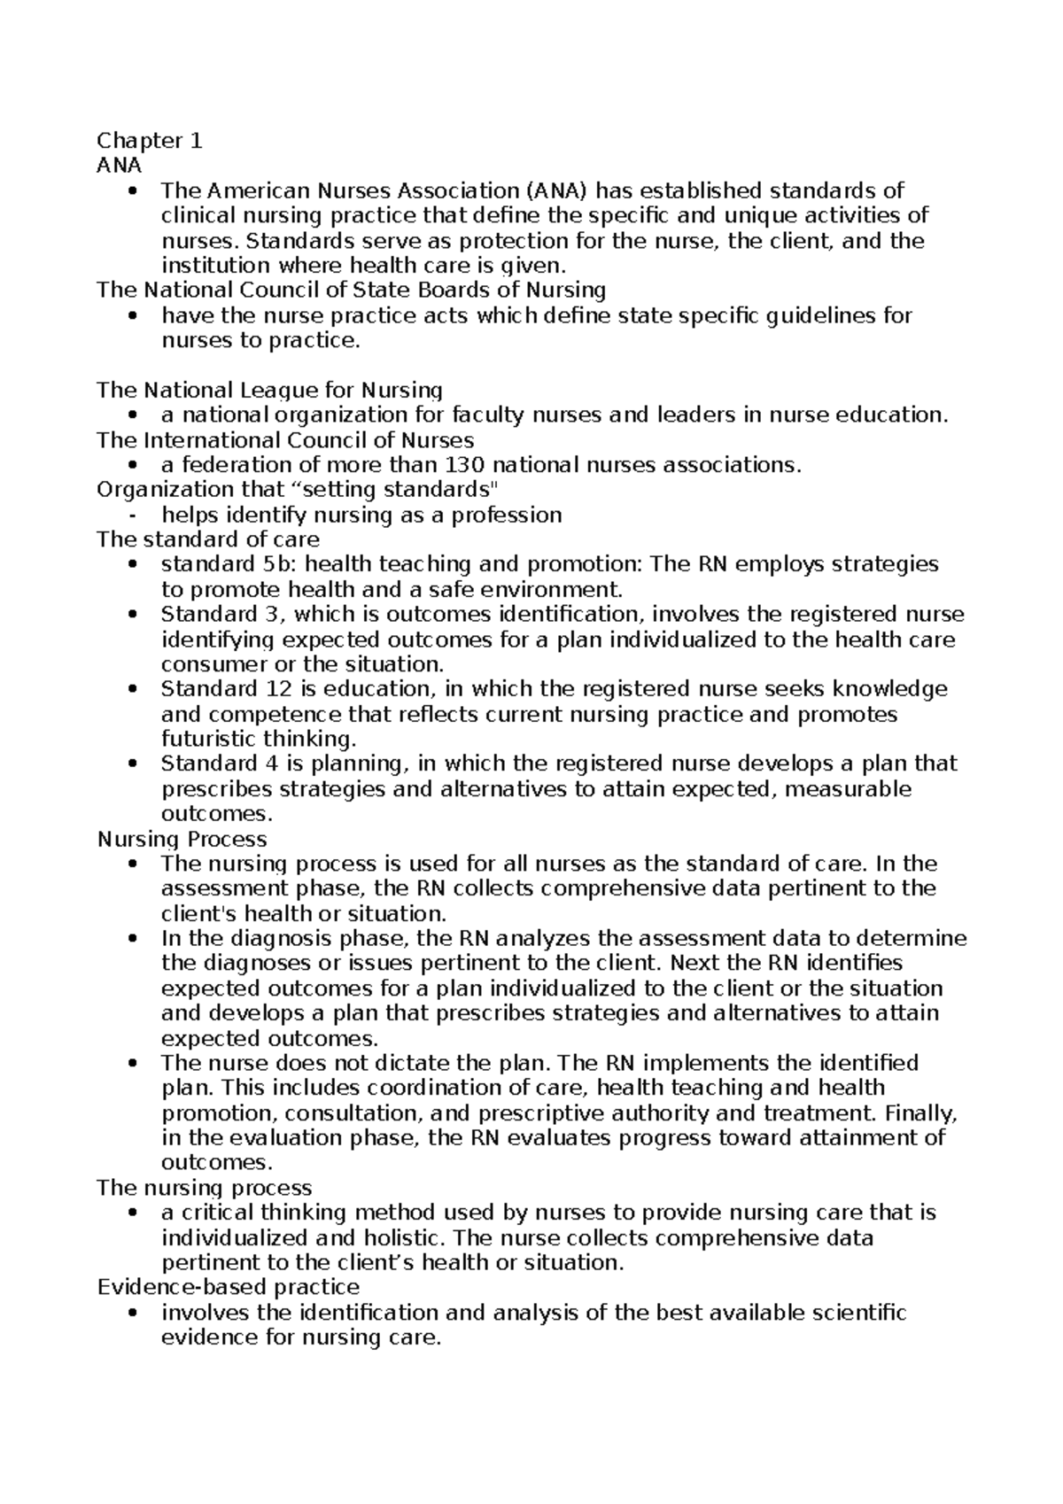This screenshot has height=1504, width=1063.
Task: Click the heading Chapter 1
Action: pos(150,141)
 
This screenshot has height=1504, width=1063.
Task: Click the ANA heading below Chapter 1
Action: pos(119,166)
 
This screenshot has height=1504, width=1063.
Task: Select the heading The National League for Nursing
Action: pos(269,390)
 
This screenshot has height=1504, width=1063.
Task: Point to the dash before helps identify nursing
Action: pos(131,516)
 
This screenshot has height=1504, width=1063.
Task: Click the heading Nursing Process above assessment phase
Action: pos(182,839)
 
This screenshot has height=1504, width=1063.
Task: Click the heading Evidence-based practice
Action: pos(228,1287)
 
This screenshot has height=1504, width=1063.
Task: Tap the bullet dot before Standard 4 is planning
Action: pos(132,764)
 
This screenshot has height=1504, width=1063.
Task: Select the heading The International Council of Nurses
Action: pos(284,440)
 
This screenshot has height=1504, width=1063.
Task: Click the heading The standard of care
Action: pos(207,539)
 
